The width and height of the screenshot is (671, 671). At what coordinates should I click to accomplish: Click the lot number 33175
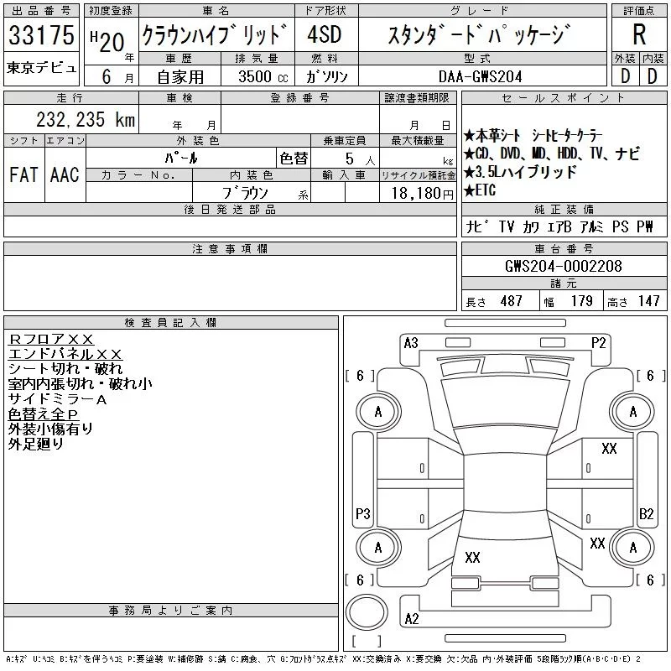(x=41, y=37)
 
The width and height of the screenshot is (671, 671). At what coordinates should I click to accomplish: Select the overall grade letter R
(x=639, y=36)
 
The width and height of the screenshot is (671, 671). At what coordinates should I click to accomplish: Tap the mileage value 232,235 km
(x=85, y=120)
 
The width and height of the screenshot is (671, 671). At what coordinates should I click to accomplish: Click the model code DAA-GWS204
(x=481, y=76)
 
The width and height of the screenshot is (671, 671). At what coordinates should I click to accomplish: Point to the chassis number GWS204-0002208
(x=563, y=266)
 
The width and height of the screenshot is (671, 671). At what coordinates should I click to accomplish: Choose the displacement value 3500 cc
(x=262, y=76)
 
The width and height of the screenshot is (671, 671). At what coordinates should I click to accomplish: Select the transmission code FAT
(x=23, y=174)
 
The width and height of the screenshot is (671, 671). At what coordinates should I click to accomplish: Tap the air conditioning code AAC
(x=65, y=174)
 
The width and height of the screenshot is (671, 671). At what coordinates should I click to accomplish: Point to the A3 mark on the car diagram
(x=411, y=342)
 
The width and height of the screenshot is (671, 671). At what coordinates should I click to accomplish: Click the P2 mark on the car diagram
(x=598, y=342)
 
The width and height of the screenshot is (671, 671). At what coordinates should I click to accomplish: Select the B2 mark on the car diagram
(x=646, y=513)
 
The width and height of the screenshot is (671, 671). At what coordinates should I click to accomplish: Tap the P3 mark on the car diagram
(x=363, y=513)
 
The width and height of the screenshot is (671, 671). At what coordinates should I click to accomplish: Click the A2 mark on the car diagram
(x=411, y=619)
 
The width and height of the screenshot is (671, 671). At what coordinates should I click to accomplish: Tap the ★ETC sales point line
(x=481, y=190)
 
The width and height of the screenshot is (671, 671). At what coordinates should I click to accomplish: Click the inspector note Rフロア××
(x=51, y=340)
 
